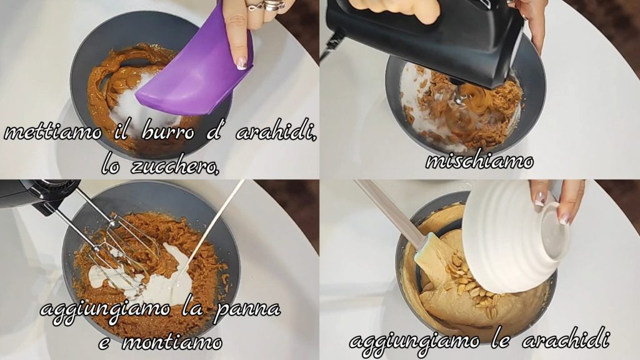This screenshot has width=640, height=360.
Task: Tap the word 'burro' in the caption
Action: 167,132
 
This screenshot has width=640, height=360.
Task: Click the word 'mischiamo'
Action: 479,161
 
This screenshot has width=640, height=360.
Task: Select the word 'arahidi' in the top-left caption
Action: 276,132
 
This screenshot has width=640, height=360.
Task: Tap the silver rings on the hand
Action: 267,6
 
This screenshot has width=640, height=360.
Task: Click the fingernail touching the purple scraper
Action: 242,63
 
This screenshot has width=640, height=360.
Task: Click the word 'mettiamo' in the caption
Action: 52,133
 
